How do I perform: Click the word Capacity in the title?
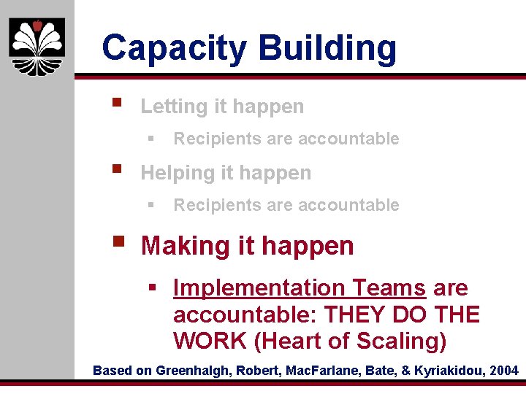point(175,48)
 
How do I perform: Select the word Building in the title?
point(327,48)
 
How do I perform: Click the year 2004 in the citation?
point(503,371)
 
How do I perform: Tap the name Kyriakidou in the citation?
point(449,371)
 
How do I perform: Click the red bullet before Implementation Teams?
point(153,288)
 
